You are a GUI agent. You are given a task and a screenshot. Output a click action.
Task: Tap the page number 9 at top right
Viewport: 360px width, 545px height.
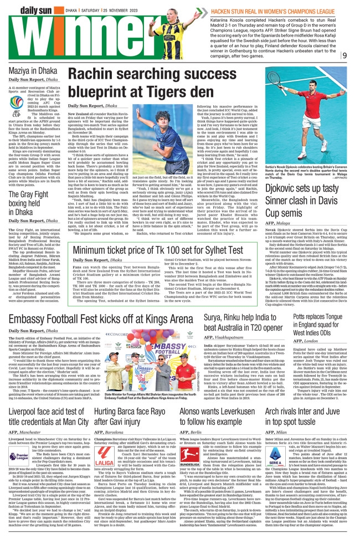coord(344,55)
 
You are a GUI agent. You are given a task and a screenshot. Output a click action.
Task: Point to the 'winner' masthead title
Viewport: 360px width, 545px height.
coord(54,37)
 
